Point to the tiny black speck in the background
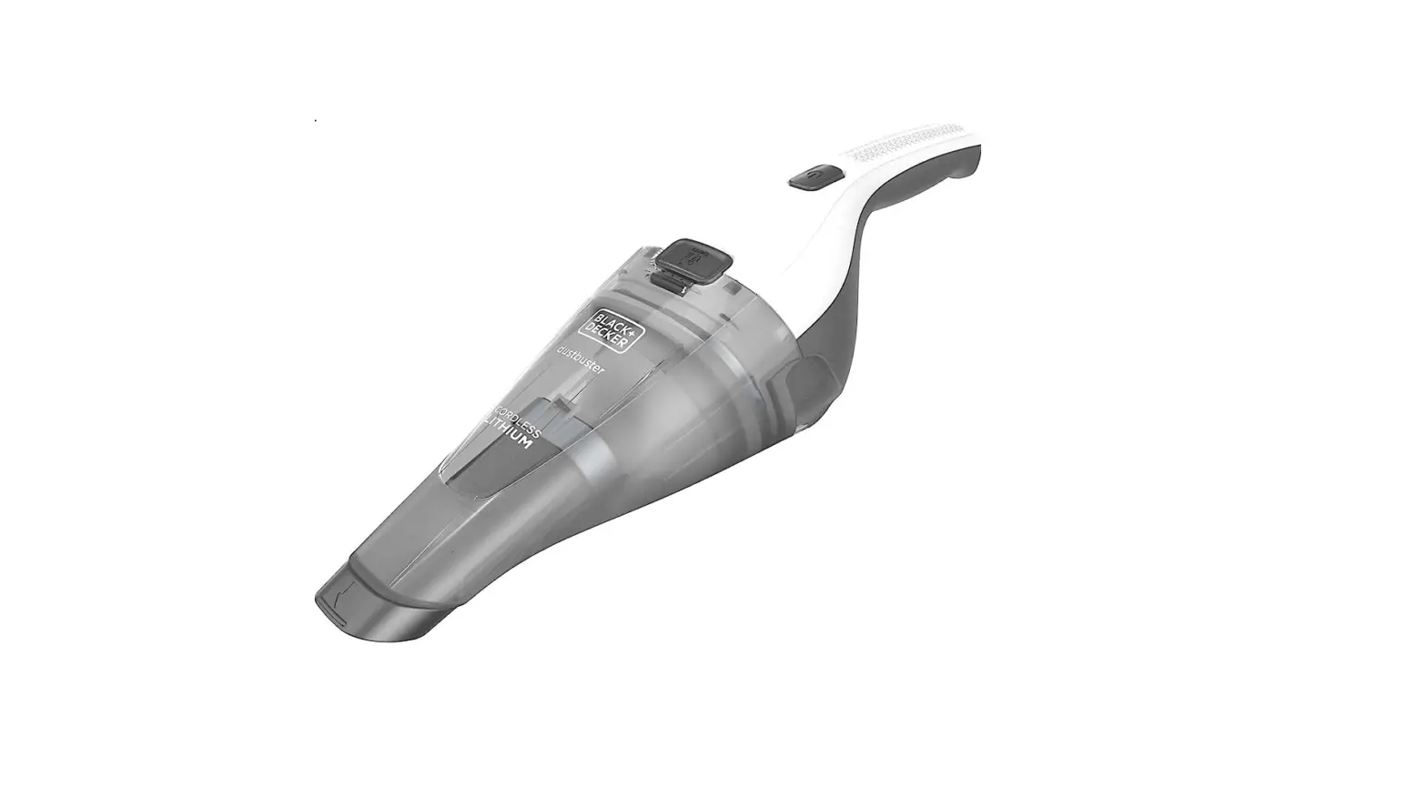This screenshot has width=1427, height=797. (316, 120)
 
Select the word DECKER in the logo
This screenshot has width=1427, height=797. (623, 336)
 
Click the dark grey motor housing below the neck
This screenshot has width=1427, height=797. (819, 373)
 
